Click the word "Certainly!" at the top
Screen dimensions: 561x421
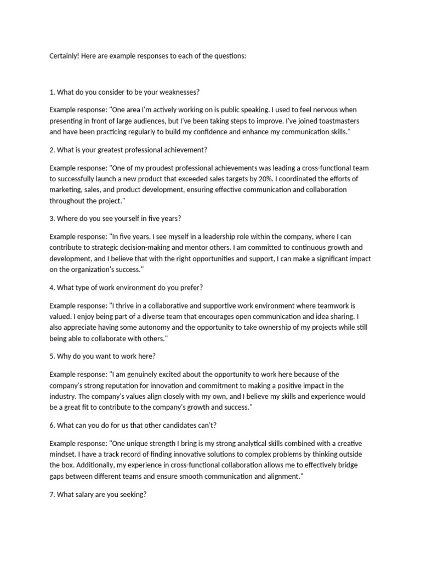tap(64, 56)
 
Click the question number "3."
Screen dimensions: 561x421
tap(52, 218)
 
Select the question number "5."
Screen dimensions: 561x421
tap(52, 356)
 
